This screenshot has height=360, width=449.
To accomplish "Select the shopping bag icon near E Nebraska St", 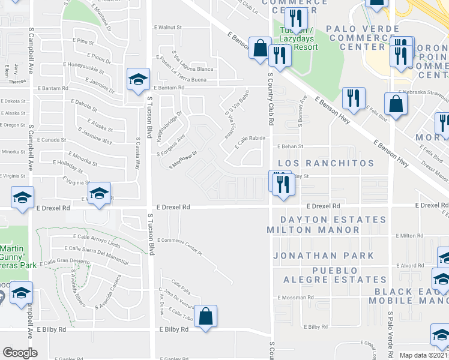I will (396, 104).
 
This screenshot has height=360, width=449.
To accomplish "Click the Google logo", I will (20, 353).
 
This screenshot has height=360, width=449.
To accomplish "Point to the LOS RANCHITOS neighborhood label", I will (325, 163).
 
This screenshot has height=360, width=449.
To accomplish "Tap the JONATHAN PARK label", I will (324, 256).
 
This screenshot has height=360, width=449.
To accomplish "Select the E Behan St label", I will (291, 146).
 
